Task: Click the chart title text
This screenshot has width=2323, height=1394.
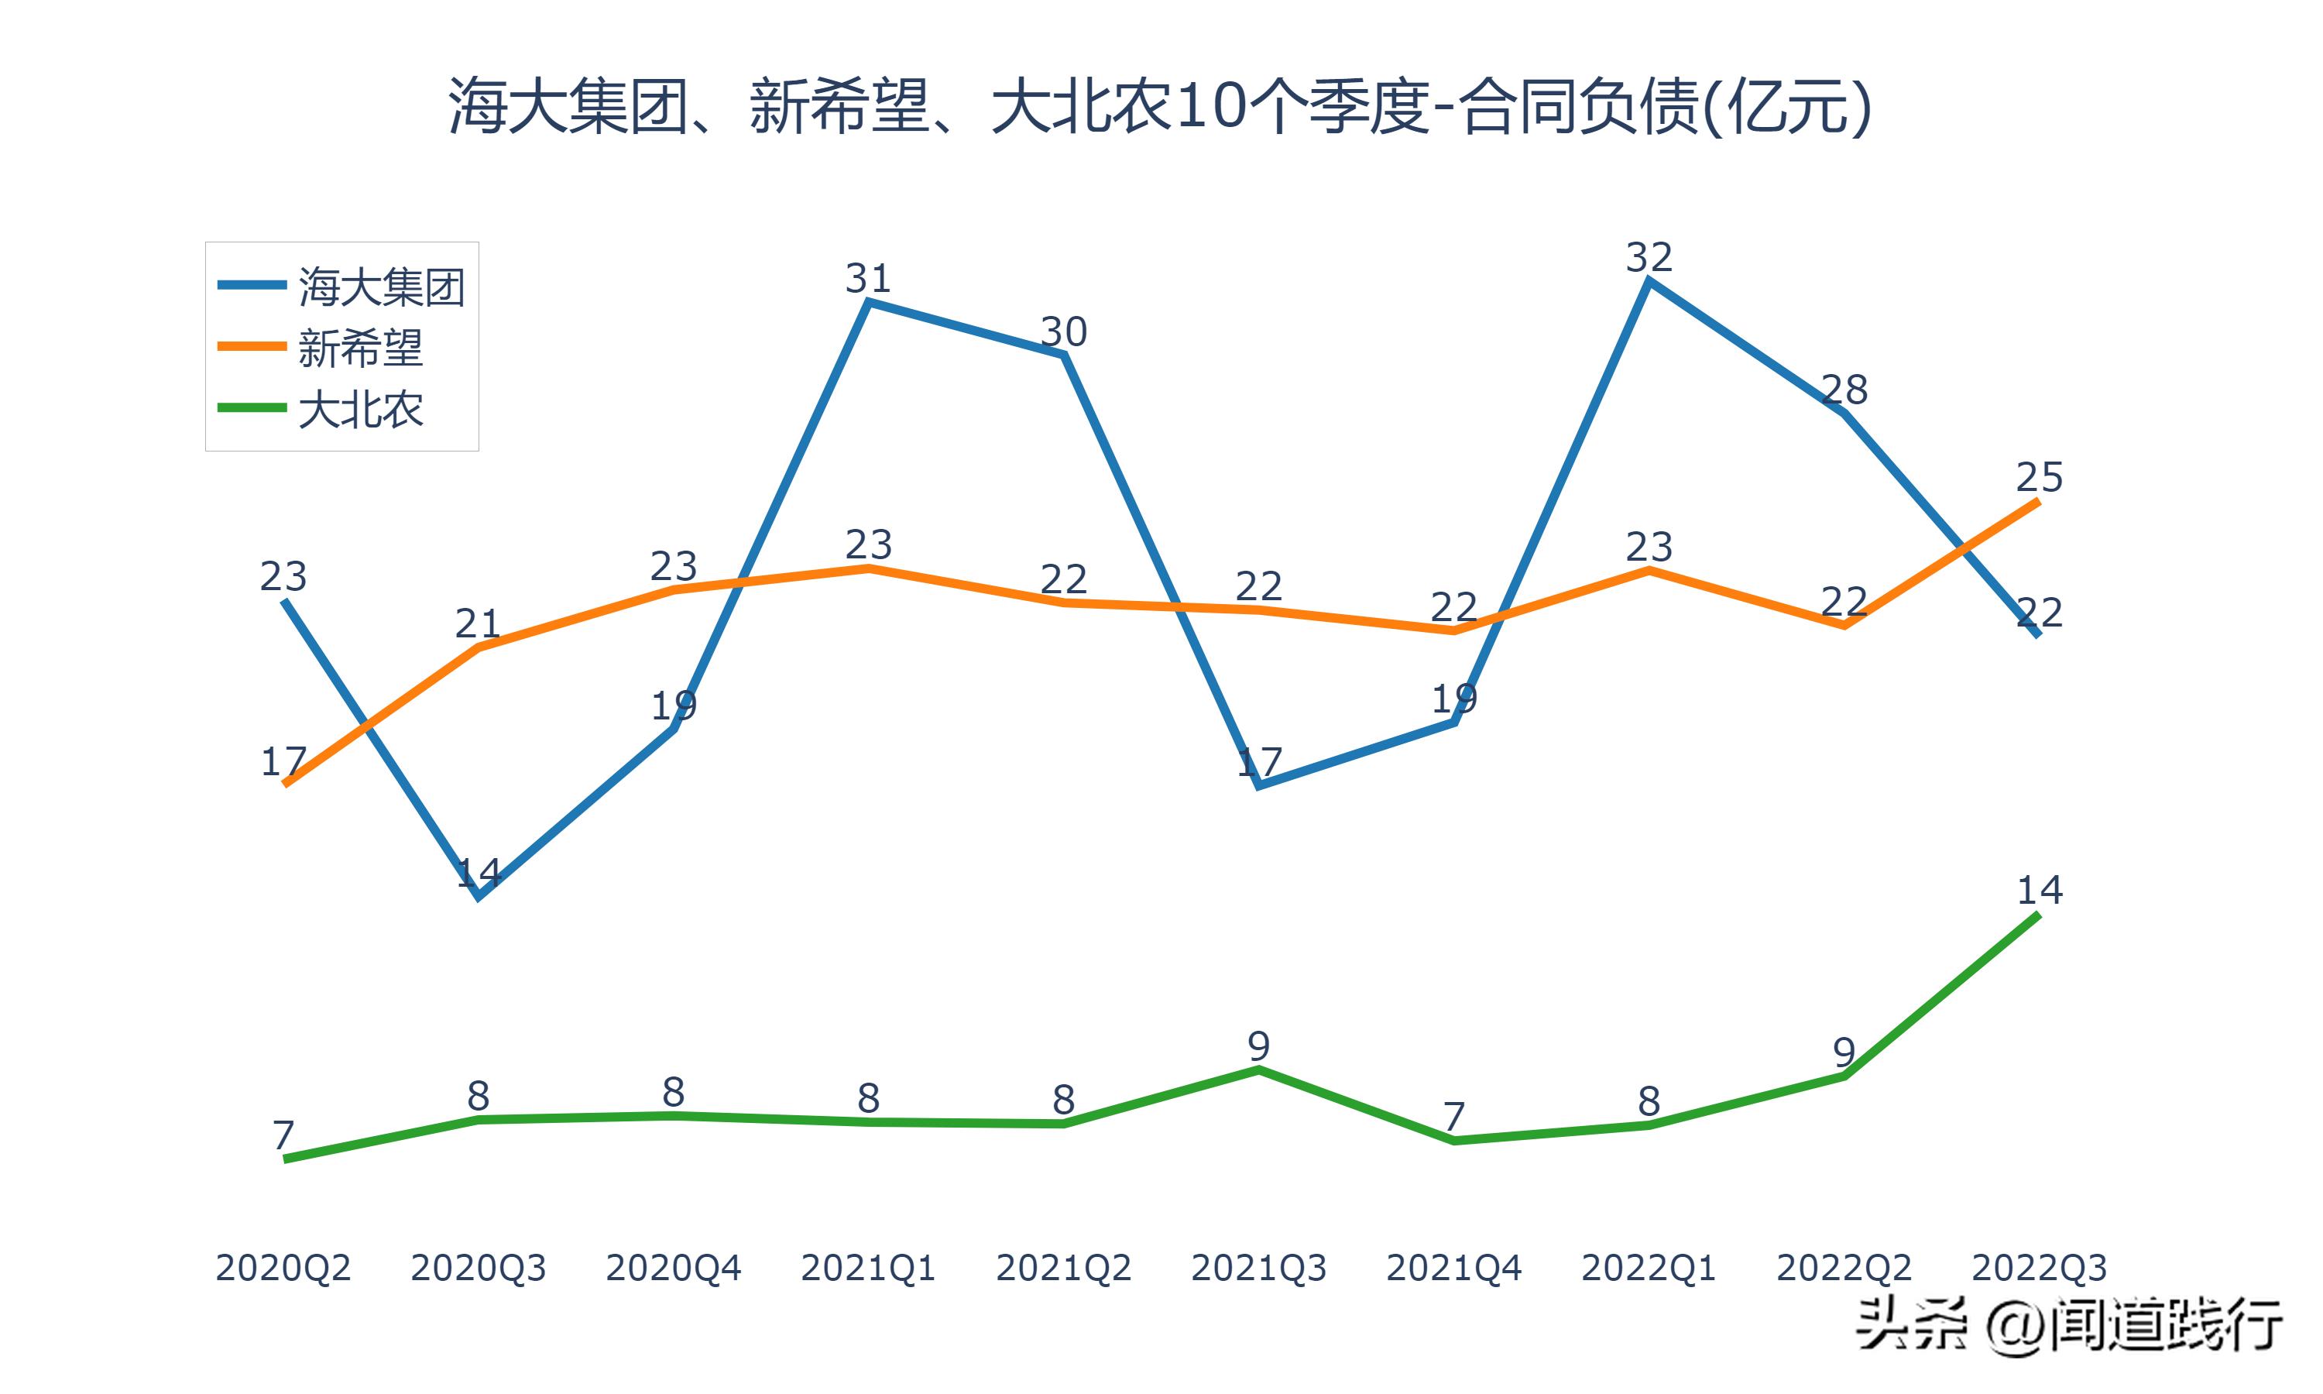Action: tap(1160, 106)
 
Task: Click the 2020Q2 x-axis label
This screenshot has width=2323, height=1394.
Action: tap(283, 1268)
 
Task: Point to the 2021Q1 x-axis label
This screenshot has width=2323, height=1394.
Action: tap(869, 1268)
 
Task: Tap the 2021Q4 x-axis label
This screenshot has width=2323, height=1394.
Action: tap(1453, 1268)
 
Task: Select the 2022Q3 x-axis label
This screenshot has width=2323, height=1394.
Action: tap(2039, 1268)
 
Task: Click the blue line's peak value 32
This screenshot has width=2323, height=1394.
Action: tap(1649, 257)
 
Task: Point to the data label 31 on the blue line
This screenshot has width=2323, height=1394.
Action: tap(869, 278)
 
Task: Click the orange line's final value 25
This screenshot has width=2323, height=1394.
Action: tap(2039, 478)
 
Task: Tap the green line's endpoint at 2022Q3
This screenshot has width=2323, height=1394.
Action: tap(2039, 914)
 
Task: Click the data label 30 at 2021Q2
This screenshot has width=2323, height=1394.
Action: tap(1064, 331)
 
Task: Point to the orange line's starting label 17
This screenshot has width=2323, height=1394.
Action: tap(283, 761)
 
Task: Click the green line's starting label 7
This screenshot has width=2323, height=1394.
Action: tap(283, 1135)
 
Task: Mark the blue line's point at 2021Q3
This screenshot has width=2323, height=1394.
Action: tap(1259, 785)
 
